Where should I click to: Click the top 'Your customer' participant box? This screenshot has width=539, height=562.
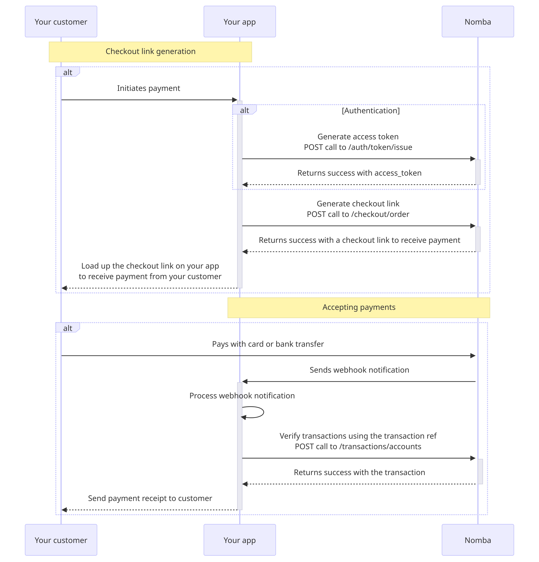61,22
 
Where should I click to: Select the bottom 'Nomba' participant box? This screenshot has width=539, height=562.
478,540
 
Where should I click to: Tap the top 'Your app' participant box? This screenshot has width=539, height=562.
239,22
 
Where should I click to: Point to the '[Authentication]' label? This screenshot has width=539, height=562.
371,111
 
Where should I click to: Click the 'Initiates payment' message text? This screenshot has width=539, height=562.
149,88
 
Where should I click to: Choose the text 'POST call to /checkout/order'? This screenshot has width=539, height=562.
358,214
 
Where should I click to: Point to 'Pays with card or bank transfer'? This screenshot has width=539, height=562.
268,344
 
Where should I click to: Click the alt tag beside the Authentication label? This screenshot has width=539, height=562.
244,110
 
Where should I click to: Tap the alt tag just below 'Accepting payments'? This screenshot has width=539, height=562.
68,328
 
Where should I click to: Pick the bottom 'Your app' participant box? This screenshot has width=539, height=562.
239,540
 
